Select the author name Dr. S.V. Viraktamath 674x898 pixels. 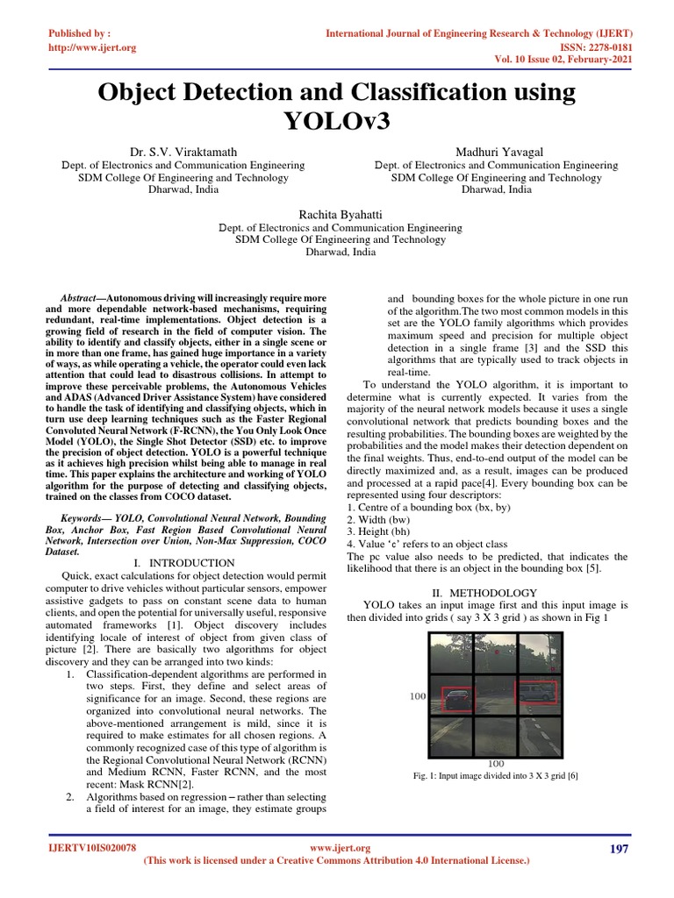(183, 152)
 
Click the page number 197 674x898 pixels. (619, 849)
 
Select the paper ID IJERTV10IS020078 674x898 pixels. (91, 849)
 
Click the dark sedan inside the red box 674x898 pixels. (455, 698)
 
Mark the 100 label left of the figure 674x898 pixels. (418, 695)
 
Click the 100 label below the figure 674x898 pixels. (495, 764)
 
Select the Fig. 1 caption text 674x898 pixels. (496, 776)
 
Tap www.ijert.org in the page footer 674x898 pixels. (341, 848)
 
